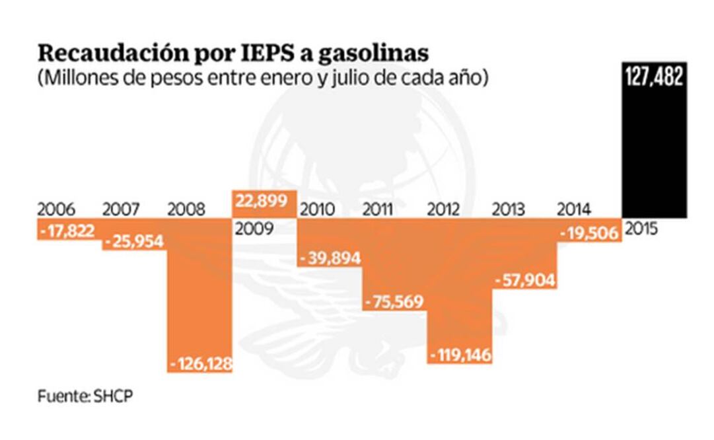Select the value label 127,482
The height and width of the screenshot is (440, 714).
pos(654,77)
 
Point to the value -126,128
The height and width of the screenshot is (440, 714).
pos(201,363)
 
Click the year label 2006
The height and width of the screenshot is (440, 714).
pos(55,210)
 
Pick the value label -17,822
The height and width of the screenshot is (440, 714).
pos(66,231)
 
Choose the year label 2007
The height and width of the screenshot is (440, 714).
pos(121,210)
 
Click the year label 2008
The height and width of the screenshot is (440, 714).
pos(186,210)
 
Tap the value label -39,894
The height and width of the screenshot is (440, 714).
pos(330,258)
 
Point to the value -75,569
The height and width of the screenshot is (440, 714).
pos(395,301)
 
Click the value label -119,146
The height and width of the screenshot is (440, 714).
pos(460,355)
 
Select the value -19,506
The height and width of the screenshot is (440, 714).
pos(589,233)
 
